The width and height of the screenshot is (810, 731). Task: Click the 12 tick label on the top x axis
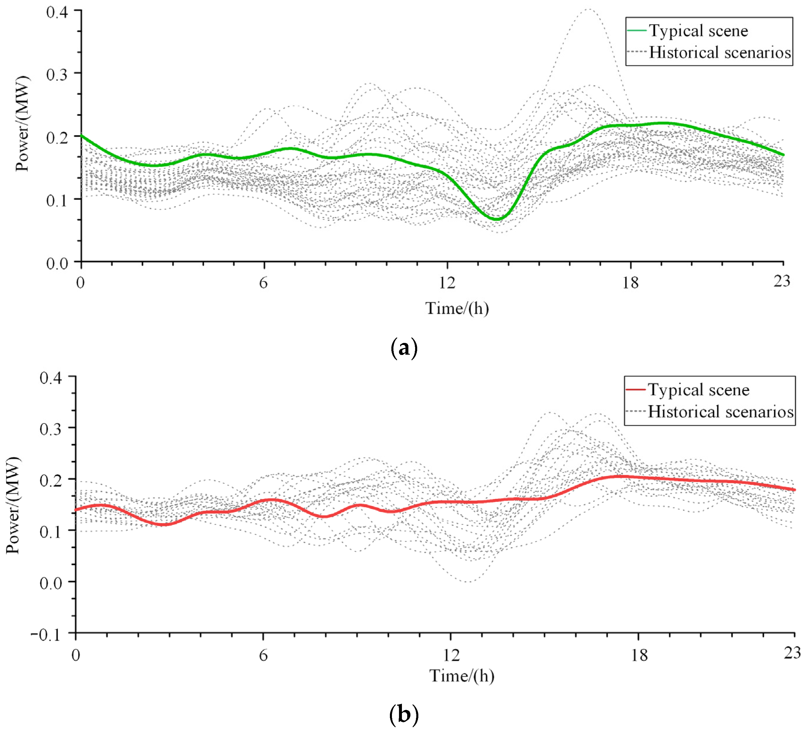(x=447, y=283)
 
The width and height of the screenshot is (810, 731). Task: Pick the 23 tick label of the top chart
(x=782, y=281)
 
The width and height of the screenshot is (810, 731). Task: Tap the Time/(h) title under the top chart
(x=457, y=309)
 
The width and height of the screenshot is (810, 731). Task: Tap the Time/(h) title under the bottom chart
(x=462, y=676)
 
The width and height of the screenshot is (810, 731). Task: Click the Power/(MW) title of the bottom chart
(x=13, y=505)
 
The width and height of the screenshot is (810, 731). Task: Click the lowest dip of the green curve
(x=497, y=219)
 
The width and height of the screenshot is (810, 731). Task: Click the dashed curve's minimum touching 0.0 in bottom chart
(x=469, y=581)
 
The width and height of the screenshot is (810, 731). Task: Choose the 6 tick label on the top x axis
(x=263, y=283)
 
